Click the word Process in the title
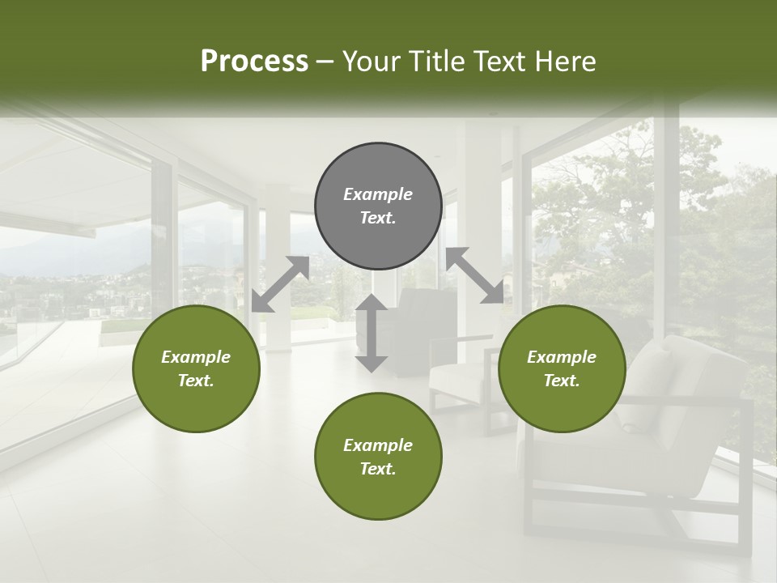(x=254, y=62)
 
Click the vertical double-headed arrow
(x=372, y=333)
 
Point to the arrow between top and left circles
(x=280, y=284)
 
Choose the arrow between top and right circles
(x=474, y=276)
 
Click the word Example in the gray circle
(x=378, y=194)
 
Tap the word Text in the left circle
(x=196, y=381)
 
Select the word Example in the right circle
(x=562, y=357)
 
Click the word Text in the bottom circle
(x=378, y=470)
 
